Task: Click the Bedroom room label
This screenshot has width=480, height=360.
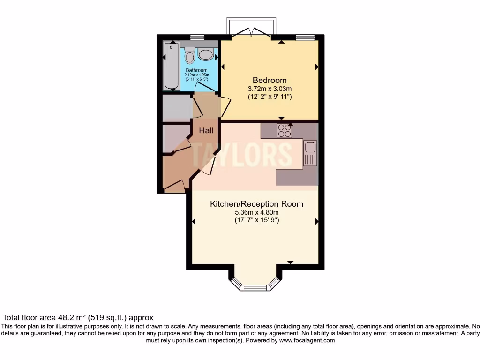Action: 270,80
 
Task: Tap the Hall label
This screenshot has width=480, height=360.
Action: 206,130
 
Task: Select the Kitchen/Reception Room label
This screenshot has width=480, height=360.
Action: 256,204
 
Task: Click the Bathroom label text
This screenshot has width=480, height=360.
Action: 196,70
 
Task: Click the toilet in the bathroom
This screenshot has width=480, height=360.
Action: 190,55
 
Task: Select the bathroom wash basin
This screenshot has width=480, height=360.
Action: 206,54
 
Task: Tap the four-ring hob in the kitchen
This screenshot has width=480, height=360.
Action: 284,131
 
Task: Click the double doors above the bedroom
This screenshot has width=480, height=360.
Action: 252,32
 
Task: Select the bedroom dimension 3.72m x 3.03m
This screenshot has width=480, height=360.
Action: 270,89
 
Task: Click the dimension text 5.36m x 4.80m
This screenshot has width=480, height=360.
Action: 256,212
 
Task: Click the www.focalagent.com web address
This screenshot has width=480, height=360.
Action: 307,340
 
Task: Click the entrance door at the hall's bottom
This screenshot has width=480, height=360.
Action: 175,187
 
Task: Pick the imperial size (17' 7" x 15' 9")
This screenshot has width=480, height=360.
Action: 256,220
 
